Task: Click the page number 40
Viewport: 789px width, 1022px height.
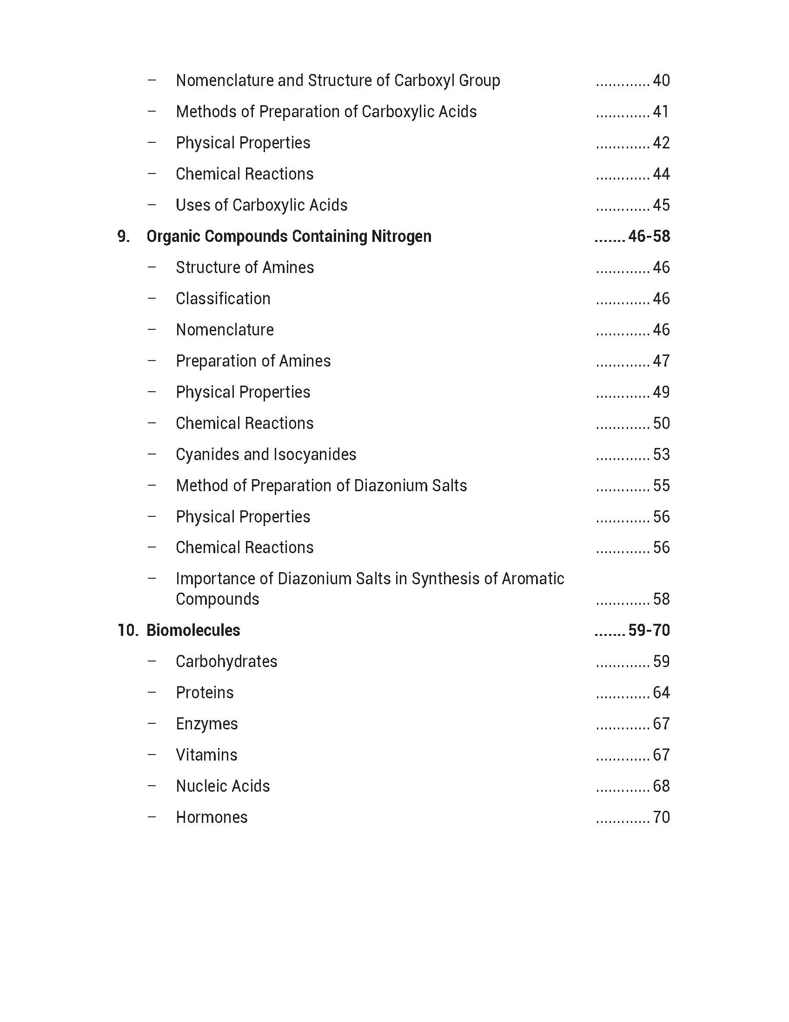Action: [661, 80]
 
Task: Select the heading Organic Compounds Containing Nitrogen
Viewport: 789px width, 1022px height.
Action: [289, 236]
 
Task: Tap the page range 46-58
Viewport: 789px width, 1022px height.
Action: [649, 236]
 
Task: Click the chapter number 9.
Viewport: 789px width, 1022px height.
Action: [123, 236]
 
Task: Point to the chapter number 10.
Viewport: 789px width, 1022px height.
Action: [127, 630]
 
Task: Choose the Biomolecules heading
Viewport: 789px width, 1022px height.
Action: [193, 630]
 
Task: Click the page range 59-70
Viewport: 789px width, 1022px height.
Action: [649, 630]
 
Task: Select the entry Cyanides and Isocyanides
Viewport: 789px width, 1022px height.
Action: [265, 454]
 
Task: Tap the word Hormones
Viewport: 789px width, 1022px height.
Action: [212, 817]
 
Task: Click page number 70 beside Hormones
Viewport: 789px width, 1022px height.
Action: [661, 817]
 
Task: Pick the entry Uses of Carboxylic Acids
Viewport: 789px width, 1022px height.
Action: [261, 205]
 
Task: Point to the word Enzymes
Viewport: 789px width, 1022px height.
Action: [207, 724]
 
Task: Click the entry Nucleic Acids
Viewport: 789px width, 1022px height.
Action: [223, 786]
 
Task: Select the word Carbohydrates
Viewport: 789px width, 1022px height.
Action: [226, 661]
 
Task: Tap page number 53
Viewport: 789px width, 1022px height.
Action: [661, 454]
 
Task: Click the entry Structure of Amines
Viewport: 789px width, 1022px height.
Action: [245, 267]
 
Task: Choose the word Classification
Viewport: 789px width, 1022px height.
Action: [223, 299]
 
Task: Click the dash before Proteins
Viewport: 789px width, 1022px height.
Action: [152, 692]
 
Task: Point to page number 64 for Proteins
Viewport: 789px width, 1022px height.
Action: [661, 693]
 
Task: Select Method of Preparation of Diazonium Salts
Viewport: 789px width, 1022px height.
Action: [321, 486]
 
